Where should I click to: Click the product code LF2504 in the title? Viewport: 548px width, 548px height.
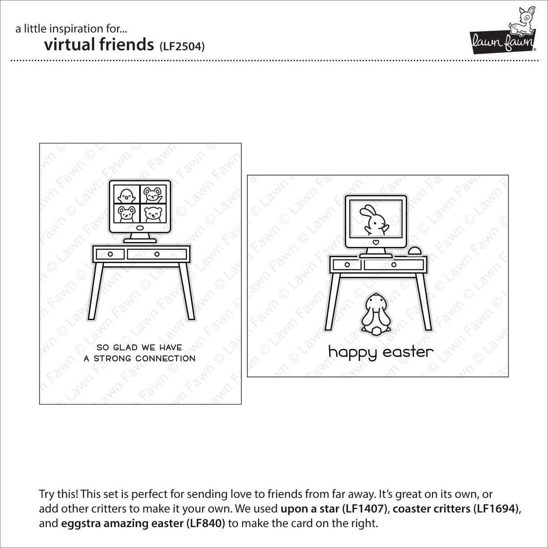pyautogui.click(x=182, y=46)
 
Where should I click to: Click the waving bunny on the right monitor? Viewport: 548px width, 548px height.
pyautogui.click(x=374, y=220)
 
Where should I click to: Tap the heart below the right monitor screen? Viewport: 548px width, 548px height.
pyautogui.click(x=375, y=241)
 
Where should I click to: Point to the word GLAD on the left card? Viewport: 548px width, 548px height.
pyautogui.click(x=125, y=348)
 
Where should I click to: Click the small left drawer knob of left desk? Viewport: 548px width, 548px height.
pyautogui.click(x=110, y=254)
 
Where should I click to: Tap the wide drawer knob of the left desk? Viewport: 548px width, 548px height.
pyautogui.click(x=157, y=254)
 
